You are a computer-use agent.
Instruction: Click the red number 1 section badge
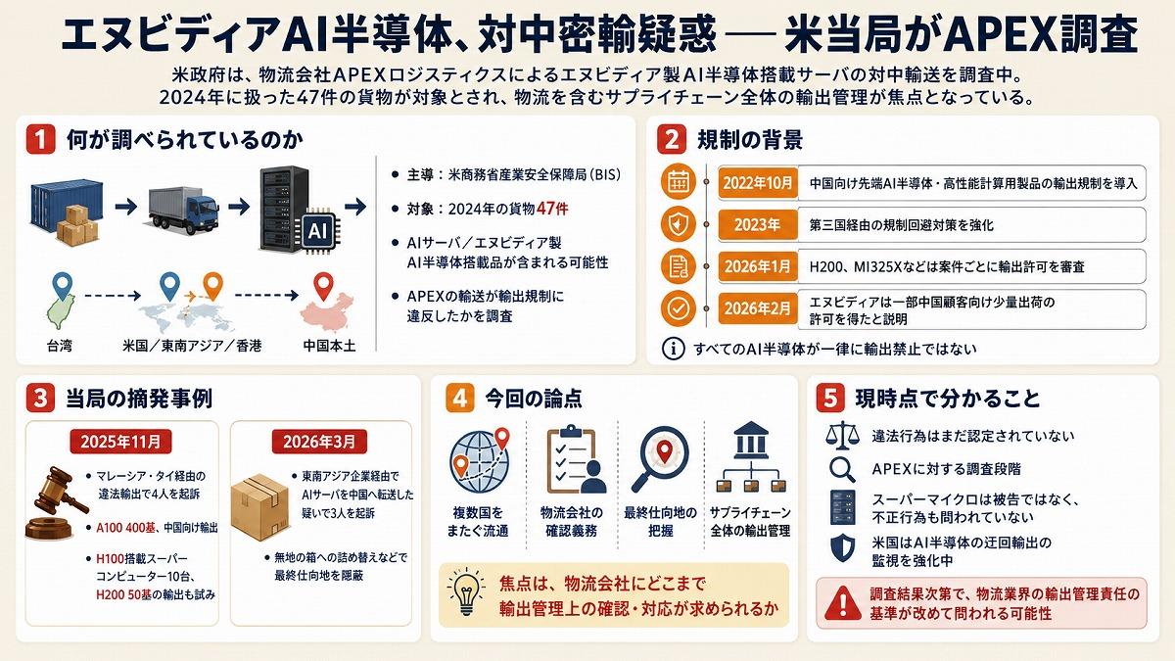tap(40, 139)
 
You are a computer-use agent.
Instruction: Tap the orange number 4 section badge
tap(459, 399)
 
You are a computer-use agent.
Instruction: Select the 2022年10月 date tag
tap(758, 183)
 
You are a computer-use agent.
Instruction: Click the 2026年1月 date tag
tap(758, 266)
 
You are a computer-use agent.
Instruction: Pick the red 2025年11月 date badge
tap(120, 442)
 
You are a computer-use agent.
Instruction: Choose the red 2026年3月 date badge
tap(319, 442)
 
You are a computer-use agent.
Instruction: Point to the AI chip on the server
tap(318, 231)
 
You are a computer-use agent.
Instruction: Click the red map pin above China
tap(324, 286)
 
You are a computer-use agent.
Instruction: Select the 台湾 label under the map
tap(60, 346)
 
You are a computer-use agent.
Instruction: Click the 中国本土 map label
tap(329, 346)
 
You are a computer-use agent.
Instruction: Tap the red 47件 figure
tap(552, 209)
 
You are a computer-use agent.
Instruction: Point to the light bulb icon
tap(466, 590)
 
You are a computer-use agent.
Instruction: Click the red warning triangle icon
tap(842, 603)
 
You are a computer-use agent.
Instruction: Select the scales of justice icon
tap(842, 436)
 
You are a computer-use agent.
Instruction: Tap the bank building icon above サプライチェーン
tap(751, 440)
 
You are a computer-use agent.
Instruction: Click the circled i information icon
tap(674, 349)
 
